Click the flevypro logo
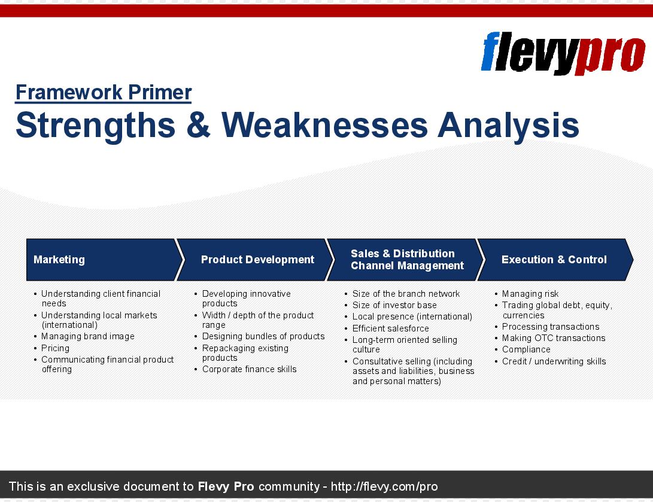[563, 53]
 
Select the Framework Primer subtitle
[104, 92]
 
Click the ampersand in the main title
[198, 125]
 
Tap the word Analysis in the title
[509, 126]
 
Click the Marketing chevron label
[59, 260]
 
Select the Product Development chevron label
[257, 260]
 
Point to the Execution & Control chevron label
[554, 260]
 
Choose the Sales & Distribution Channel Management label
[407, 260]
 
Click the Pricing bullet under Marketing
[55, 348]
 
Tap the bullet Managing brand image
[87, 336]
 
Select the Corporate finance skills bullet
[249, 369]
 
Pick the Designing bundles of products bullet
[263, 336]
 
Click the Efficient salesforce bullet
[391, 328]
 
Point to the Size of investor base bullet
[394, 305]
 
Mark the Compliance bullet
[526, 349]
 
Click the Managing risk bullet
[530, 294]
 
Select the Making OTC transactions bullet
[554, 338]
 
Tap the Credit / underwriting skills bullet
[554, 361]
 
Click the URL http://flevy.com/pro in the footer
[384, 486]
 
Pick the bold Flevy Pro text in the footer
[226, 486]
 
